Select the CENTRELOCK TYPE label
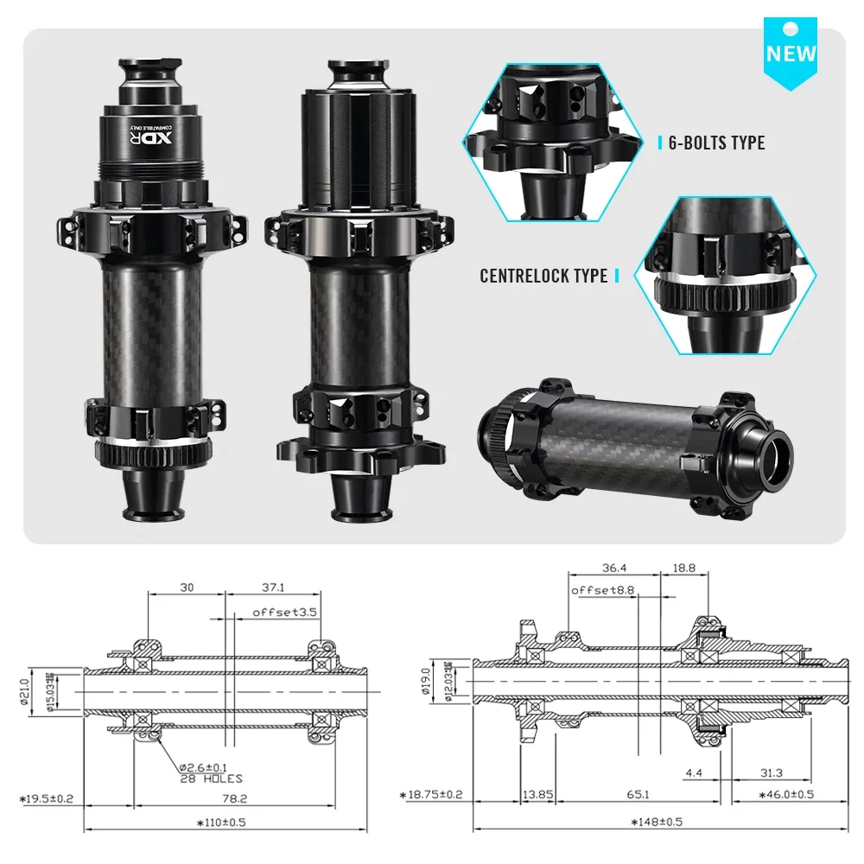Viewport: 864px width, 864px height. coord(543,276)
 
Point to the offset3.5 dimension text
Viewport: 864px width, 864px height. coord(285,612)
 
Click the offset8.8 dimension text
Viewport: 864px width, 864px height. coord(603,590)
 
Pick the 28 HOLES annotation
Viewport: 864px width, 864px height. coord(212,778)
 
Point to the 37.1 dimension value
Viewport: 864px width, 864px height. coord(271,588)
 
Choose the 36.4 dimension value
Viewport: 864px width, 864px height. coord(615,568)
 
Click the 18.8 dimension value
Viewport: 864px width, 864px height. coord(683,568)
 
